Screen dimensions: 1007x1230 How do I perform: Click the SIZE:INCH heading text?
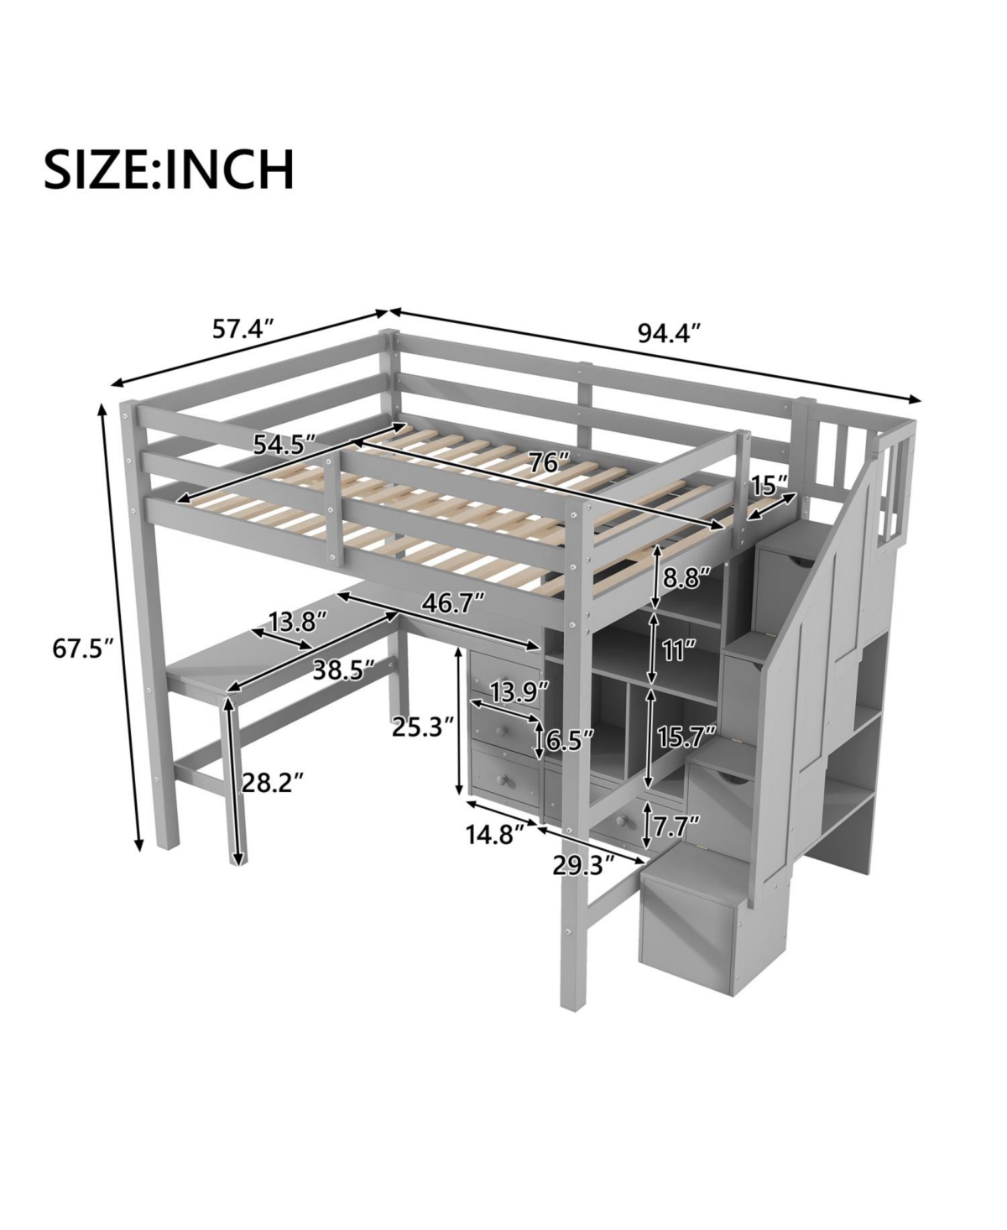(x=169, y=169)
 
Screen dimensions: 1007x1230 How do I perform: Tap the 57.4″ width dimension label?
(x=243, y=329)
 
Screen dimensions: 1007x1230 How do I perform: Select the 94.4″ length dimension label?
(x=669, y=333)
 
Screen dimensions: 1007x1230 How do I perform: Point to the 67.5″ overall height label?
(x=82, y=648)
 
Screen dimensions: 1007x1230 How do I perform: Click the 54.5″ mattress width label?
(x=284, y=445)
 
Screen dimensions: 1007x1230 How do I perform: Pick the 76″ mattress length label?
(x=549, y=462)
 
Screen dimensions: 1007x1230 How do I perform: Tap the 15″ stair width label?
(x=770, y=484)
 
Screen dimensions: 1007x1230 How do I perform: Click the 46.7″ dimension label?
(x=453, y=603)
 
